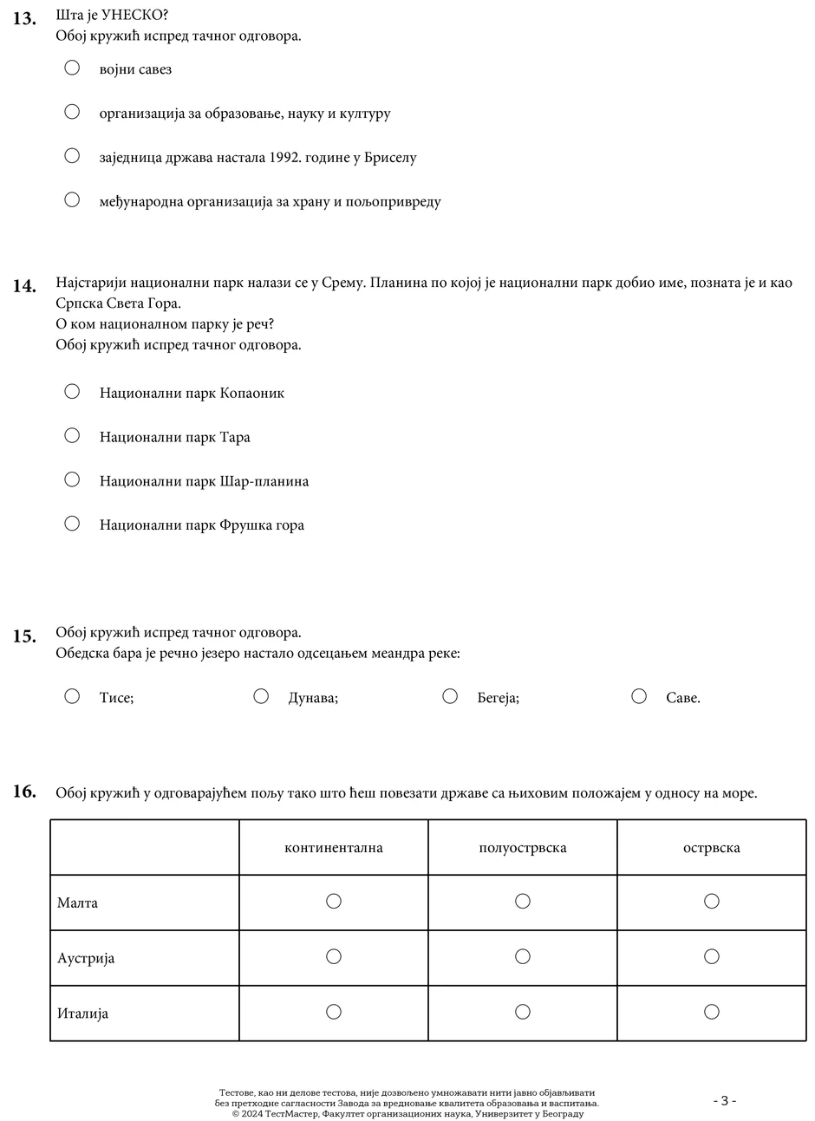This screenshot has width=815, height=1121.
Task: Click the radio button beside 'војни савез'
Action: [72, 68]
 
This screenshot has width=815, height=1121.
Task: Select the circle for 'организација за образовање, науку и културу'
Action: [72, 112]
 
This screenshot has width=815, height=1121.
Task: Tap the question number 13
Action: [24, 17]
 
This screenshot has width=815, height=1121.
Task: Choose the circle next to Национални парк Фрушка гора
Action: [72, 524]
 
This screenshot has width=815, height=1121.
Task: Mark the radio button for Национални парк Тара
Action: [72, 435]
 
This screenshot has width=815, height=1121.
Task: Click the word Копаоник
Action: [252, 393]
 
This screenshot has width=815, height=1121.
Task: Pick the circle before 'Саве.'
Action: [639, 696]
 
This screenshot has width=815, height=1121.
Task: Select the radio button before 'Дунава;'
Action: [261, 696]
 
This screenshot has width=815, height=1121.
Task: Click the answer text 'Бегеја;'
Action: [498, 698]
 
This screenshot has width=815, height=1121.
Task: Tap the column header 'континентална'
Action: [334, 848]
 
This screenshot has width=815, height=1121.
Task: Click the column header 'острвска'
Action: [712, 848]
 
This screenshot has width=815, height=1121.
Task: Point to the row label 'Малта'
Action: [78, 903]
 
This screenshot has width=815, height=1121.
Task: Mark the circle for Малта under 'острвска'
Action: [712, 902]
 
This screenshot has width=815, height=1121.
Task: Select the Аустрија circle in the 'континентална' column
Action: [334, 957]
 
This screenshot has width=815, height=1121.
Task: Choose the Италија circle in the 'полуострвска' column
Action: [523, 1012]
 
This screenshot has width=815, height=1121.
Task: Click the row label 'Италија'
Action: [83, 1013]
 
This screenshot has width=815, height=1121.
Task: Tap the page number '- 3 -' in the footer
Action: [725, 1101]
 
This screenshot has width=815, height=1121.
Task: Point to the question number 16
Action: [24, 792]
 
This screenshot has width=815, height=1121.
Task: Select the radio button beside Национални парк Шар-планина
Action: [72, 479]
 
